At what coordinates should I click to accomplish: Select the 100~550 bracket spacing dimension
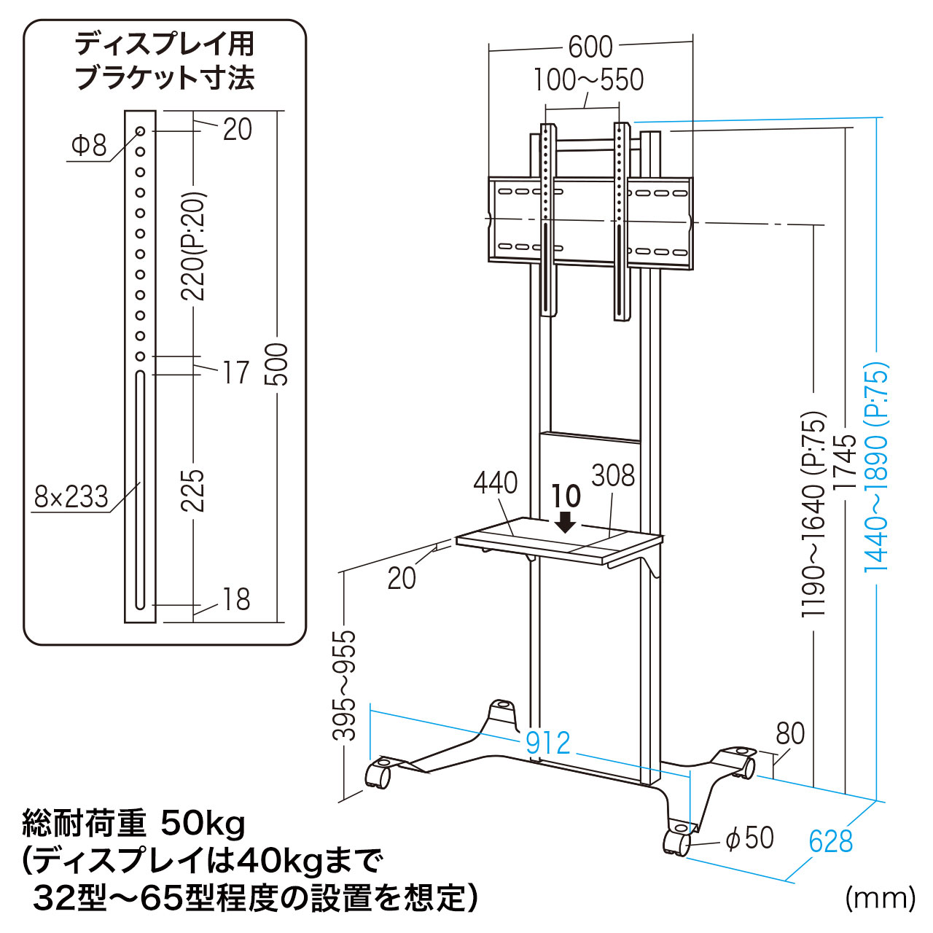coord(588,80)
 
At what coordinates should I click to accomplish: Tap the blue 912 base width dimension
coord(547,743)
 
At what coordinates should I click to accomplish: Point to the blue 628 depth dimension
coord(830,842)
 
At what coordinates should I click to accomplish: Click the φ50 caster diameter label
coord(749,838)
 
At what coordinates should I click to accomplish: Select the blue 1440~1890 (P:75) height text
coord(877,466)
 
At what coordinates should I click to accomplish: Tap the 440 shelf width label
coord(496,483)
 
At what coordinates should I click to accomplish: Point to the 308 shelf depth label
coord(613,476)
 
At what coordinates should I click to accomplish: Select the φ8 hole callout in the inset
coord(89,145)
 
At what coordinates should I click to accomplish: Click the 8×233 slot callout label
coord(71,497)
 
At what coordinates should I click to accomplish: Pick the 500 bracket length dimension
coord(277,364)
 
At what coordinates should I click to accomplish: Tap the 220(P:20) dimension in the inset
coord(194,246)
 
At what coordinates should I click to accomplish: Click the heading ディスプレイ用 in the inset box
coord(165,45)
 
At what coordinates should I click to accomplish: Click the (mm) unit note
coord(880,898)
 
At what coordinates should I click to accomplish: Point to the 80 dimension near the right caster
coord(790,733)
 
